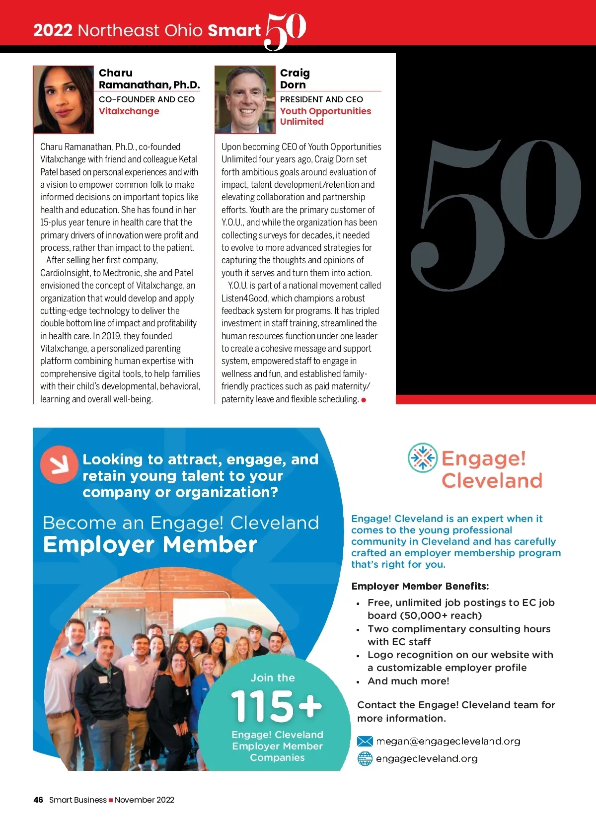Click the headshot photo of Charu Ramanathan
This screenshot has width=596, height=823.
(x=63, y=99)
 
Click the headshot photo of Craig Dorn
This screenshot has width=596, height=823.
(x=245, y=99)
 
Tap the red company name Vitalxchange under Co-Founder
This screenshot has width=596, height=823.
(x=129, y=111)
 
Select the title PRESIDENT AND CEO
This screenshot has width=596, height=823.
(x=321, y=99)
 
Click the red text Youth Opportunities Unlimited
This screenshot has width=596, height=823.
(x=325, y=116)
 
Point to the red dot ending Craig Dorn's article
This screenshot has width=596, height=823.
(x=364, y=400)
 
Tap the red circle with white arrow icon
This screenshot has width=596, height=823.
(x=59, y=465)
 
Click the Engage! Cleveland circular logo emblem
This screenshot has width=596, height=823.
(x=423, y=457)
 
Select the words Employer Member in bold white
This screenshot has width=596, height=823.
(x=150, y=545)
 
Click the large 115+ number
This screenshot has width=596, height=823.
(x=276, y=706)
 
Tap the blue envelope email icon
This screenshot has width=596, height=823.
(x=365, y=742)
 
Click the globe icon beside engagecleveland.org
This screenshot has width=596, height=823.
(x=365, y=758)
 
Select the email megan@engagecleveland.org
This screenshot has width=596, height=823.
(x=448, y=742)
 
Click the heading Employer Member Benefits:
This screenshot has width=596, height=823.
(x=420, y=586)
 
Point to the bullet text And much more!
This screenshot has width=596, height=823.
(x=408, y=681)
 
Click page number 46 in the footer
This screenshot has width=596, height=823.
(x=38, y=800)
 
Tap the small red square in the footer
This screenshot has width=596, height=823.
(x=111, y=800)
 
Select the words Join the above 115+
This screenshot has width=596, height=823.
(x=273, y=678)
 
